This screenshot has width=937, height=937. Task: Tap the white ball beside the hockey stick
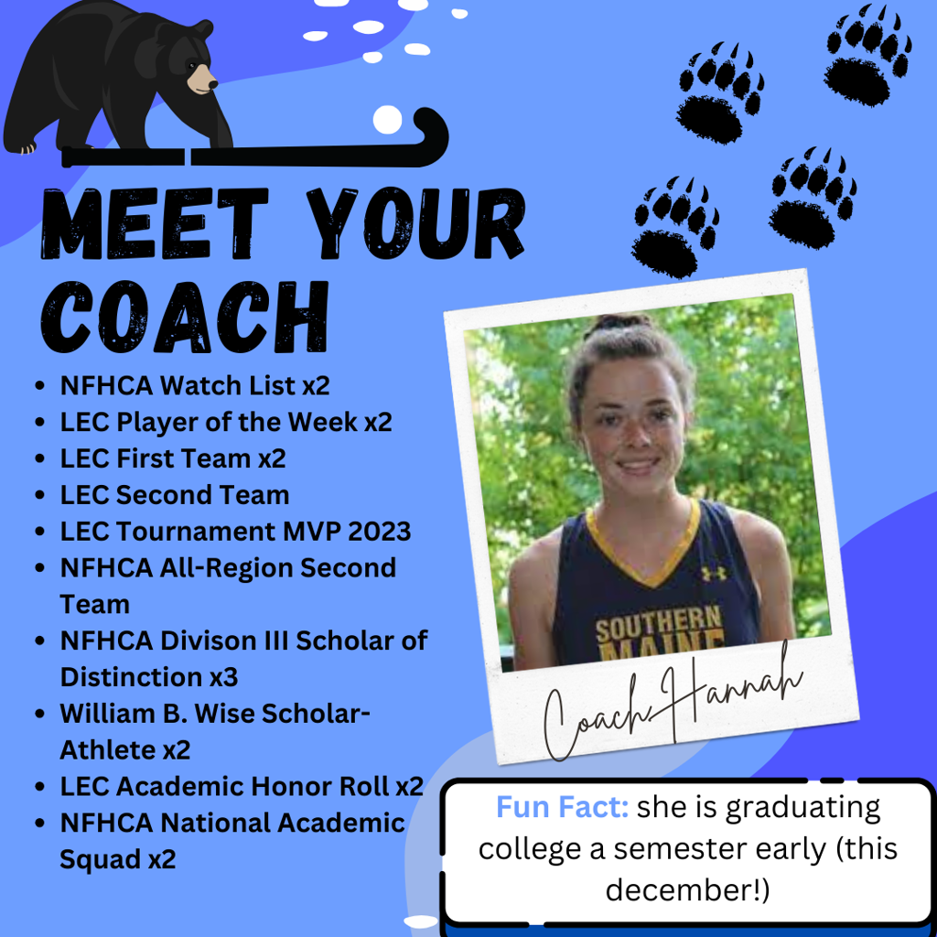click(387, 120)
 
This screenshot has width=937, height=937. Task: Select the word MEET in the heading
click(154, 223)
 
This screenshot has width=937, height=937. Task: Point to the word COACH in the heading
click(185, 316)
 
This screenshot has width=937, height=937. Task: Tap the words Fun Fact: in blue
click(563, 807)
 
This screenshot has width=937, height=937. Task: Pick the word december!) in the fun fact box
click(688, 889)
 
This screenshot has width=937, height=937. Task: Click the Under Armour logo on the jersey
click(714, 573)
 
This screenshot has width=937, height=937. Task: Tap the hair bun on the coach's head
click(619, 323)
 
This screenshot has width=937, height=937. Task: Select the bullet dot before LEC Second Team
click(40, 495)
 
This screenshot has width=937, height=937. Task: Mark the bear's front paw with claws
click(23, 147)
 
